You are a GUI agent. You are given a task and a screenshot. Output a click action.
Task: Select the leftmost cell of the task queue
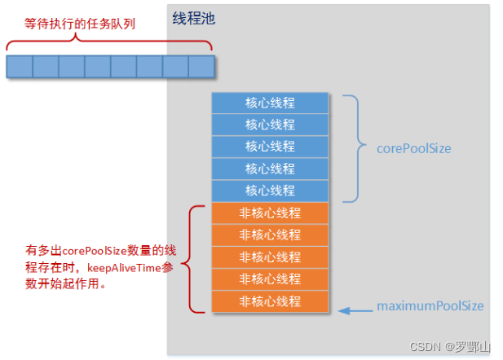click(x=20, y=66)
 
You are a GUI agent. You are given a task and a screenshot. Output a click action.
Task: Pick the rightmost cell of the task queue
click(x=201, y=66)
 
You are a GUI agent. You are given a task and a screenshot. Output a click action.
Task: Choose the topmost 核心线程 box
click(x=270, y=103)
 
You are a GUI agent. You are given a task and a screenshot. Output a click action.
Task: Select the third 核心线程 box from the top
click(x=270, y=147)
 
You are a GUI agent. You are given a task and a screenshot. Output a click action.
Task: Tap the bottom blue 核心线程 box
click(x=270, y=191)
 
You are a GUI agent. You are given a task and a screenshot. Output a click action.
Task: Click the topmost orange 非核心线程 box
click(x=270, y=213)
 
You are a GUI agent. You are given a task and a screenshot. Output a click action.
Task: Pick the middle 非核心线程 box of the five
click(x=270, y=257)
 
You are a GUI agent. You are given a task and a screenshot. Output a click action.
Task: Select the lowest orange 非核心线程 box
click(x=270, y=301)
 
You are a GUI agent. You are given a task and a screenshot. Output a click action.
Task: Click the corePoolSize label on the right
click(x=413, y=149)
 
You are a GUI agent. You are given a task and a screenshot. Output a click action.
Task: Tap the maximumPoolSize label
click(x=430, y=306)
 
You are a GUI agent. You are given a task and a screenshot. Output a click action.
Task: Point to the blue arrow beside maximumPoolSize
click(x=352, y=309)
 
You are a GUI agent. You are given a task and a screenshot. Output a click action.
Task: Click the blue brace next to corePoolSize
click(x=353, y=148)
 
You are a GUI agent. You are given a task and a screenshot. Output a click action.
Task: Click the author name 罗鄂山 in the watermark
click(x=475, y=346)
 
